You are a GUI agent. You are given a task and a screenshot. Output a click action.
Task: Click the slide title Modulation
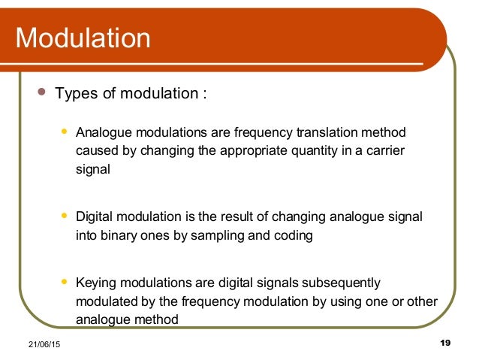[x=83, y=37]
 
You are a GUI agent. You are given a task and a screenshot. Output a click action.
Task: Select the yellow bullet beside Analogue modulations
[x=65, y=132]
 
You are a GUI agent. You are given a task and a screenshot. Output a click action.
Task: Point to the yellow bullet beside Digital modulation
[x=65, y=216]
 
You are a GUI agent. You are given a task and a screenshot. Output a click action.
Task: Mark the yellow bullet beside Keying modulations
[x=65, y=282]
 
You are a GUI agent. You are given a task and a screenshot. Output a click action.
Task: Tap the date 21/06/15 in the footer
[x=35, y=344]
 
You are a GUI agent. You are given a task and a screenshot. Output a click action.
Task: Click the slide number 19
[x=444, y=343]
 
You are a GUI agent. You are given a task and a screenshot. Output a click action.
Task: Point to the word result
[x=233, y=217]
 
